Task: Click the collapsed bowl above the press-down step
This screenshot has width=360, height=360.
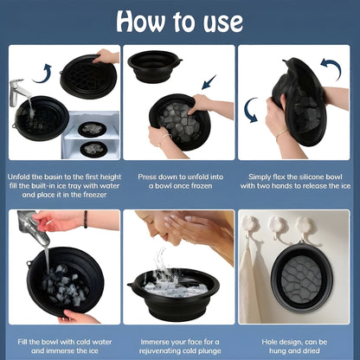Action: click(155, 65)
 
